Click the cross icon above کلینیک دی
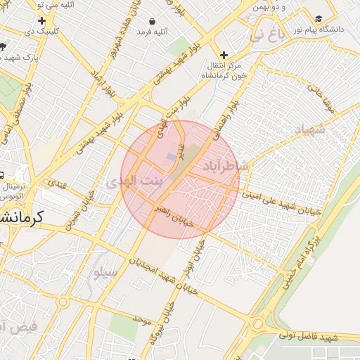click(42, 21)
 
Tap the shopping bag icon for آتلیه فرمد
click(153, 20)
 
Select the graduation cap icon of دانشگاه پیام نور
click(319, 18)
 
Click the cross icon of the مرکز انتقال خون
click(224, 54)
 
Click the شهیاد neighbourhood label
click(309, 131)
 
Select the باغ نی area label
click(271, 33)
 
